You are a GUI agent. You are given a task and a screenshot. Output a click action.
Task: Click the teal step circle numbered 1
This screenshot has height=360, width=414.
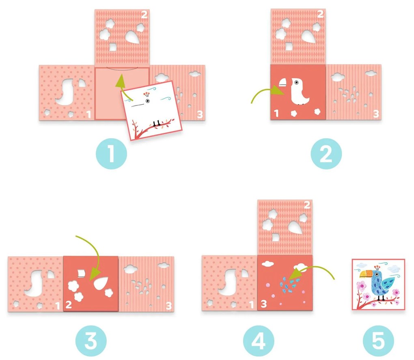(x=111, y=154)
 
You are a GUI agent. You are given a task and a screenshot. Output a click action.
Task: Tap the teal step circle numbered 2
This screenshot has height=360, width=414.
(x=326, y=154)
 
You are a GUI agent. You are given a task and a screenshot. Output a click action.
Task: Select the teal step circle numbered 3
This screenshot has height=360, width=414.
(x=91, y=341)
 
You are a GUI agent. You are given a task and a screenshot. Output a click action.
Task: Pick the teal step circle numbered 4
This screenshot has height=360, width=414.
(x=259, y=341)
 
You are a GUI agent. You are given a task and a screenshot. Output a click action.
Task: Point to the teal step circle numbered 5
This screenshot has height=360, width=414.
(x=378, y=341)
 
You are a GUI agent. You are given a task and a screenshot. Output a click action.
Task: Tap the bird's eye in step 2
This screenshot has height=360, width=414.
(x=297, y=83)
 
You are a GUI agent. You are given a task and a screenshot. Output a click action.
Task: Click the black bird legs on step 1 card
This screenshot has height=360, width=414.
(x=157, y=123)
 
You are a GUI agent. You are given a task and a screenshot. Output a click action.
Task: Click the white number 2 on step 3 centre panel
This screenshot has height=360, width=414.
(x=69, y=304)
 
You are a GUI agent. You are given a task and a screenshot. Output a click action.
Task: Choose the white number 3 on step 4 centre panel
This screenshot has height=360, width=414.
(x=264, y=304)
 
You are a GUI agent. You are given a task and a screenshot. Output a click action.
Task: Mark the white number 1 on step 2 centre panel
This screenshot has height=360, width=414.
(x=276, y=114)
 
